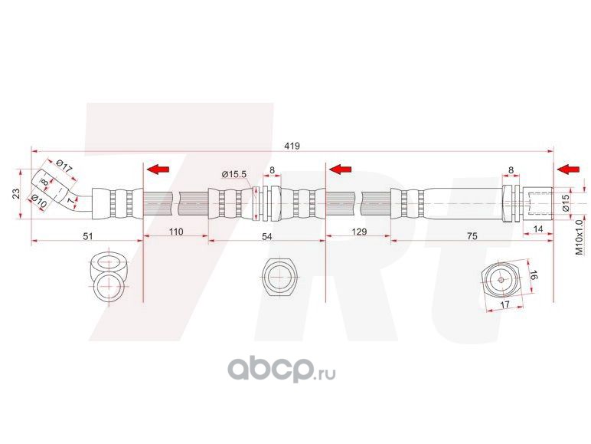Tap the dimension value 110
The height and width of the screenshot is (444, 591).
coord(177,231)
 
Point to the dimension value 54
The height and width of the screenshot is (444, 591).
coord(266,237)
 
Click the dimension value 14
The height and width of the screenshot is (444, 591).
coord(538,229)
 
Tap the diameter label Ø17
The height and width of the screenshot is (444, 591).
coord(64,167)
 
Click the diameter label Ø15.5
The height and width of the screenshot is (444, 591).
coord(234,174)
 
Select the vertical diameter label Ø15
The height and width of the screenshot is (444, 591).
coord(565,203)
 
